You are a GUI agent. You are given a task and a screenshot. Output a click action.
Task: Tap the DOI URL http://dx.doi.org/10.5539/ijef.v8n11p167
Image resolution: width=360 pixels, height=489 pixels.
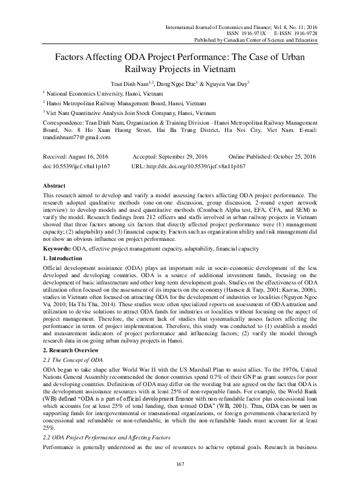pos(189,165)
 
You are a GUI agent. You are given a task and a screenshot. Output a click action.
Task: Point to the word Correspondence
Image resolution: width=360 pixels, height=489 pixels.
pos(64,121)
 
